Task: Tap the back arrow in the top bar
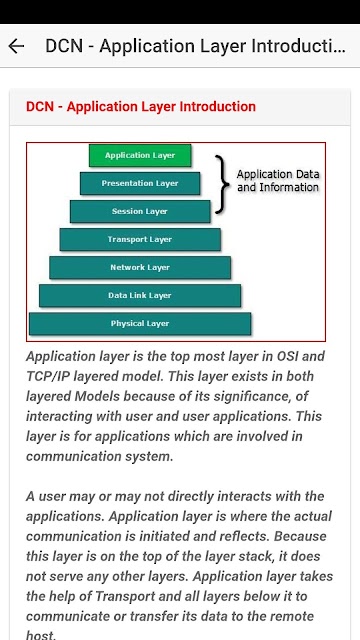coord(16,46)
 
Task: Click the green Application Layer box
coord(140,155)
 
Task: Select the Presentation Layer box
coord(140,183)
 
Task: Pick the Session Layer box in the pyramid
coord(140,211)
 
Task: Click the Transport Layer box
coord(140,239)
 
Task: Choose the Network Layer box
coord(140,267)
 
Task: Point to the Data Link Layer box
coord(140,296)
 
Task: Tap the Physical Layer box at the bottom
coord(140,324)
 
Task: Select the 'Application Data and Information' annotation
coord(278,181)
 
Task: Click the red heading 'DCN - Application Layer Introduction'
coord(141,107)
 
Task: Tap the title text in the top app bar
coord(196,46)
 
